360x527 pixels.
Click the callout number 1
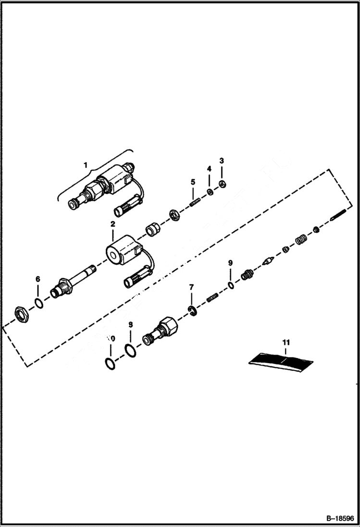coord(86,165)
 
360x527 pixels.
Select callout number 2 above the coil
coord(112,224)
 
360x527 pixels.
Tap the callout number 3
coord(222,160)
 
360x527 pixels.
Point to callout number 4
coord(209,169)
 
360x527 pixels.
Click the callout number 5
coord(193,182)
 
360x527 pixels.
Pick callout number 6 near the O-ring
coord(38,279)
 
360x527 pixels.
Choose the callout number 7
coord(191,287)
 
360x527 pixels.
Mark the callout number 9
coord(230,263)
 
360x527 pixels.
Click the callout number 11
coord(286,343)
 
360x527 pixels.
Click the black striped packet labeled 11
coord(281,360)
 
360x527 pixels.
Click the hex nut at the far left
coord(21,315)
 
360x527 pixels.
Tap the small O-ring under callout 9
coord(231,285)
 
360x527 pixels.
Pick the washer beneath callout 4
coord(210,192)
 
